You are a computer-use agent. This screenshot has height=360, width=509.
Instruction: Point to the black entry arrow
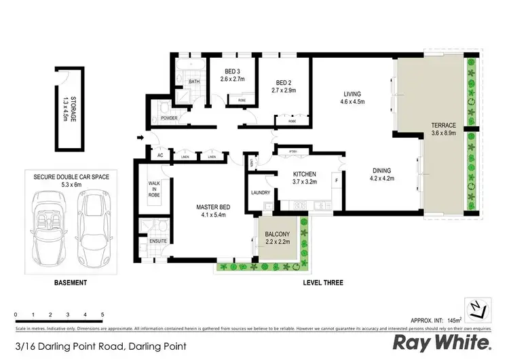pyautogui.click(x=140, y=139)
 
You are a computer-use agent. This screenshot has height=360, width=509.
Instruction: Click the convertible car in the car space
pyautogui.click(x=50, y=224)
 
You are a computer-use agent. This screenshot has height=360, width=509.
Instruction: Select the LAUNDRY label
pyautogui.click(x=260, y=193)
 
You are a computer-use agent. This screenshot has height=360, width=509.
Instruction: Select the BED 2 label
pyautogui.click(x=284, y=85)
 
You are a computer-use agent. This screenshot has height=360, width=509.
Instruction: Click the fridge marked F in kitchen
pyautogui.click(x=337, y=181)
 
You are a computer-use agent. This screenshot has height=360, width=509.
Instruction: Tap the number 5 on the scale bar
pyautogui.click(x=102, y=315)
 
